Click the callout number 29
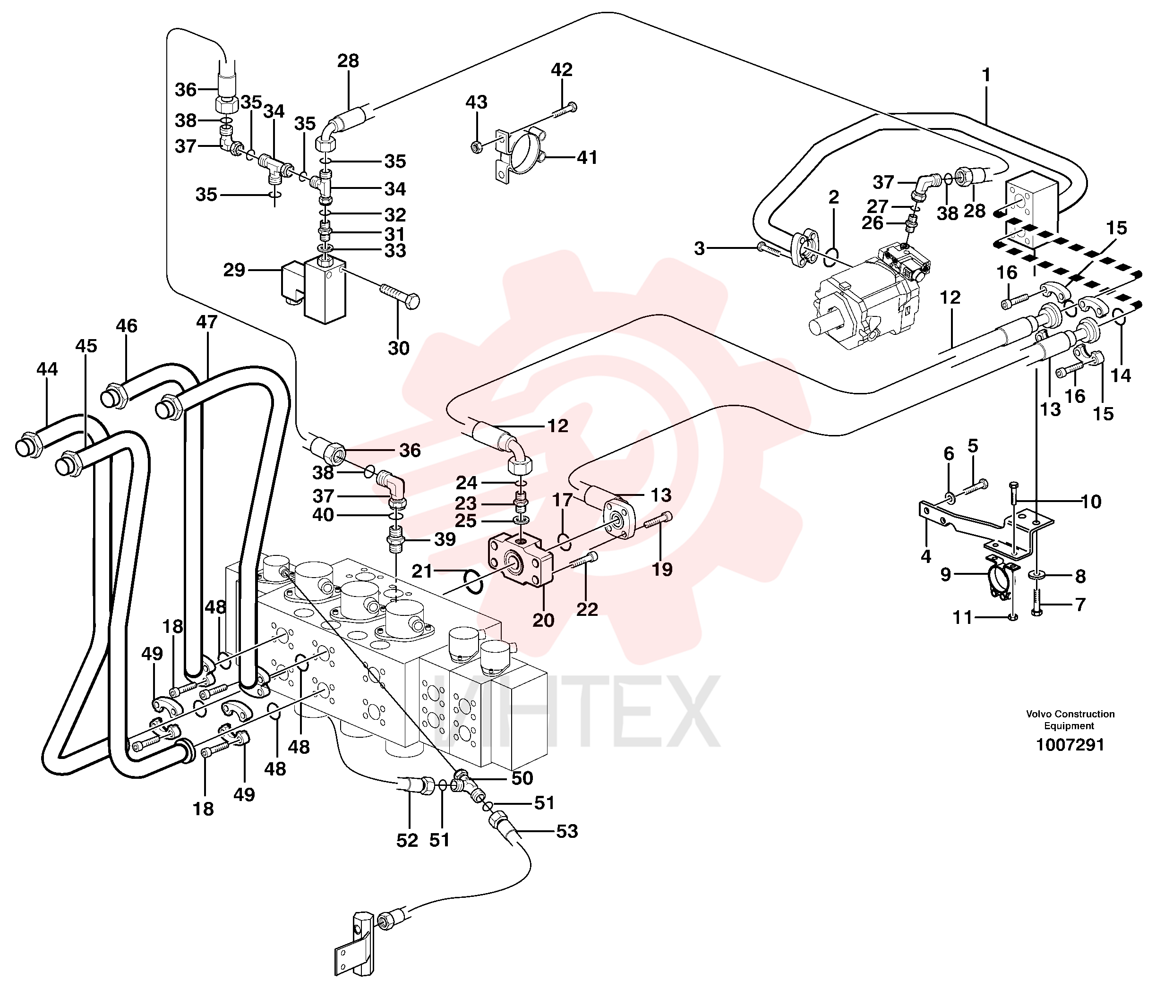pyautogui.click(x=234, y=270)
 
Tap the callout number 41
pyautogui.click(x=587, y=157)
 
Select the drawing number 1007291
pyautogui.click(x=1070, y=745)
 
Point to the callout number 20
pyautogui.click(x=543, y=620)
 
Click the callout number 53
pyautogui.click(x=567, y=831)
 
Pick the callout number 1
pyautogui.click(x=986, y=75)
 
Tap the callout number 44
pyautogui.click(x=47, y=369)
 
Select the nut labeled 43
pyautogui.click(x=477, y=147)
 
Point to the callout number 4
pyautogui.click(x=926, y=556)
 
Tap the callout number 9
pyautogui.click(x=946, y=574)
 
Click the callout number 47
pyautogui.click(x=206, y=322)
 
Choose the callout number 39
pyautogui.click(x=445, y=539)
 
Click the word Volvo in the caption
pyautogui.click(x=1039, y=714)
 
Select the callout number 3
pyautogui.click(x=700, y=248)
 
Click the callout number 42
pyautogui.click(x=562, y=70)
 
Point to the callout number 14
pyautogui.click(x=1120, y=375)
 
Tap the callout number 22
pyautogui.click(x=587, y=609)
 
